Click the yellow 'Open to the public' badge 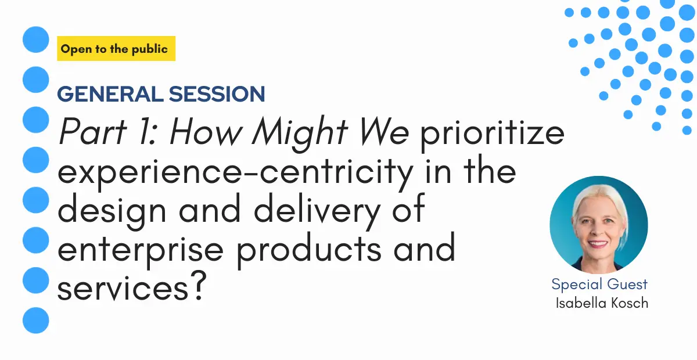pyautogui.click(x=116, y=49)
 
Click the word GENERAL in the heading pyautogui.click(x=110, y=94)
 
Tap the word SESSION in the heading pyautogui.click(x=217, y=94)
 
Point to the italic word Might pyautogui.click(x=300, y=134)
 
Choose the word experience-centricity pyautogui.click(x=235, y=173)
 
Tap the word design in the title pyautogui.click(x=112, y=211)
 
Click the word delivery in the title pyautogui.click(x=317, y=211)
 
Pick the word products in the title pyautogui.click(x=309, y=251)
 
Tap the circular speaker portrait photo pyautogui.click(x=599, y=225)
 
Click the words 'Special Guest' pyautogui.click(x=599, y=285)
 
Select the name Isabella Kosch pyautogui.click(x=602, y=303)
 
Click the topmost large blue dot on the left pyautogui.click(x=36, y=39)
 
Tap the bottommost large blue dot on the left pyautogui.click(x=36, y=320)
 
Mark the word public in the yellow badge pyautogui.click(x=150, y=49)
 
